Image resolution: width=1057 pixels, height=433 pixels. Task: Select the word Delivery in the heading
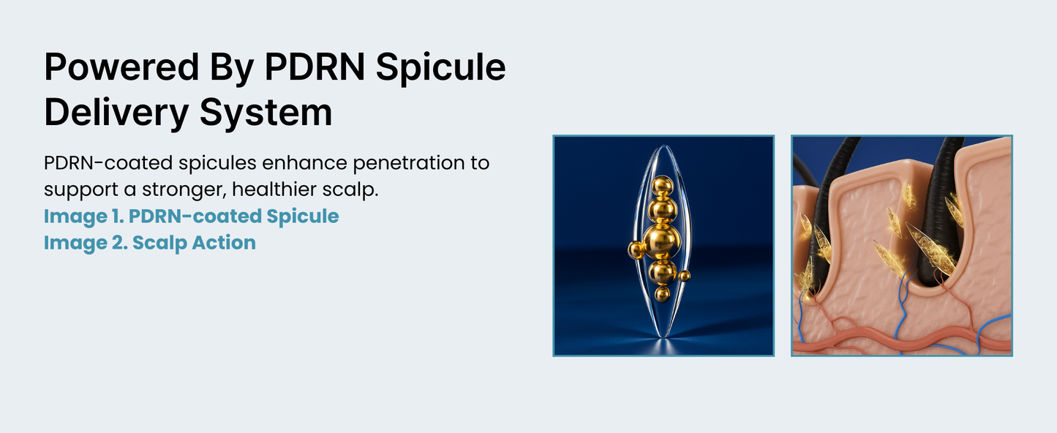click(x=113, y=113)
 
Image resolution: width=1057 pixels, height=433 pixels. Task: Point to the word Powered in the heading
click(x=112, y=67)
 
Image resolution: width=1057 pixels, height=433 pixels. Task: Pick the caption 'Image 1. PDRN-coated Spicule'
click(x=191, y=217)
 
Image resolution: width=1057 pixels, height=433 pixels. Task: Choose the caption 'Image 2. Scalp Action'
click(x=150, y=243)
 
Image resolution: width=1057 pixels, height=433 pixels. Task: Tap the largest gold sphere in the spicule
click(x=661, y=241)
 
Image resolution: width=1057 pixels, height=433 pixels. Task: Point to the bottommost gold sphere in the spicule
click(x=663, y=294)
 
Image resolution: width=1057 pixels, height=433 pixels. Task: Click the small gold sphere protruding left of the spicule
click(x=635, y=250)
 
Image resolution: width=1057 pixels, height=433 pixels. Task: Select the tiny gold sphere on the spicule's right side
click(x=685, y=276)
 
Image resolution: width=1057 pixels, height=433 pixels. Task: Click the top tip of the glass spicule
click(x=663, y=146)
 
